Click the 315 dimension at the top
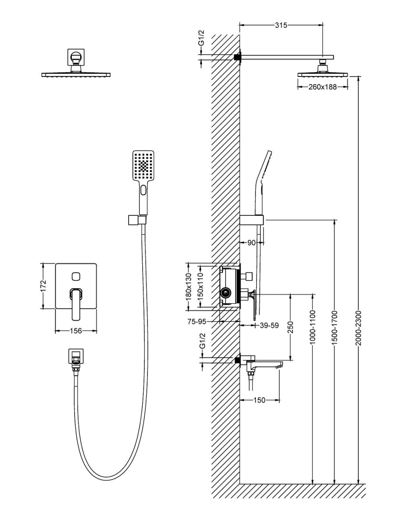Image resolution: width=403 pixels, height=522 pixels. click(x=281, y=25)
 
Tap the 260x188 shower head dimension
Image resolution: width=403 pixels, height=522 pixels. click(x=322, y=87)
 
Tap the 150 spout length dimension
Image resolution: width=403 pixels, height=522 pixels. click(x=260, y=400)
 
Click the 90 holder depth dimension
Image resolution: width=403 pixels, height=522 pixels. click(x=251, y=243)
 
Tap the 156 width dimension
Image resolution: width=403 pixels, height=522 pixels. click(x=76, y=331)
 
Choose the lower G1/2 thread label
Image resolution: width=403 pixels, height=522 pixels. click(x=202, y=341)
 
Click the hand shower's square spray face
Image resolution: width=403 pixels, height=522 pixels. click(x=143, y=166)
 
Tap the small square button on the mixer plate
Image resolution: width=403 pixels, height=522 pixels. click(x=75, y=276)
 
